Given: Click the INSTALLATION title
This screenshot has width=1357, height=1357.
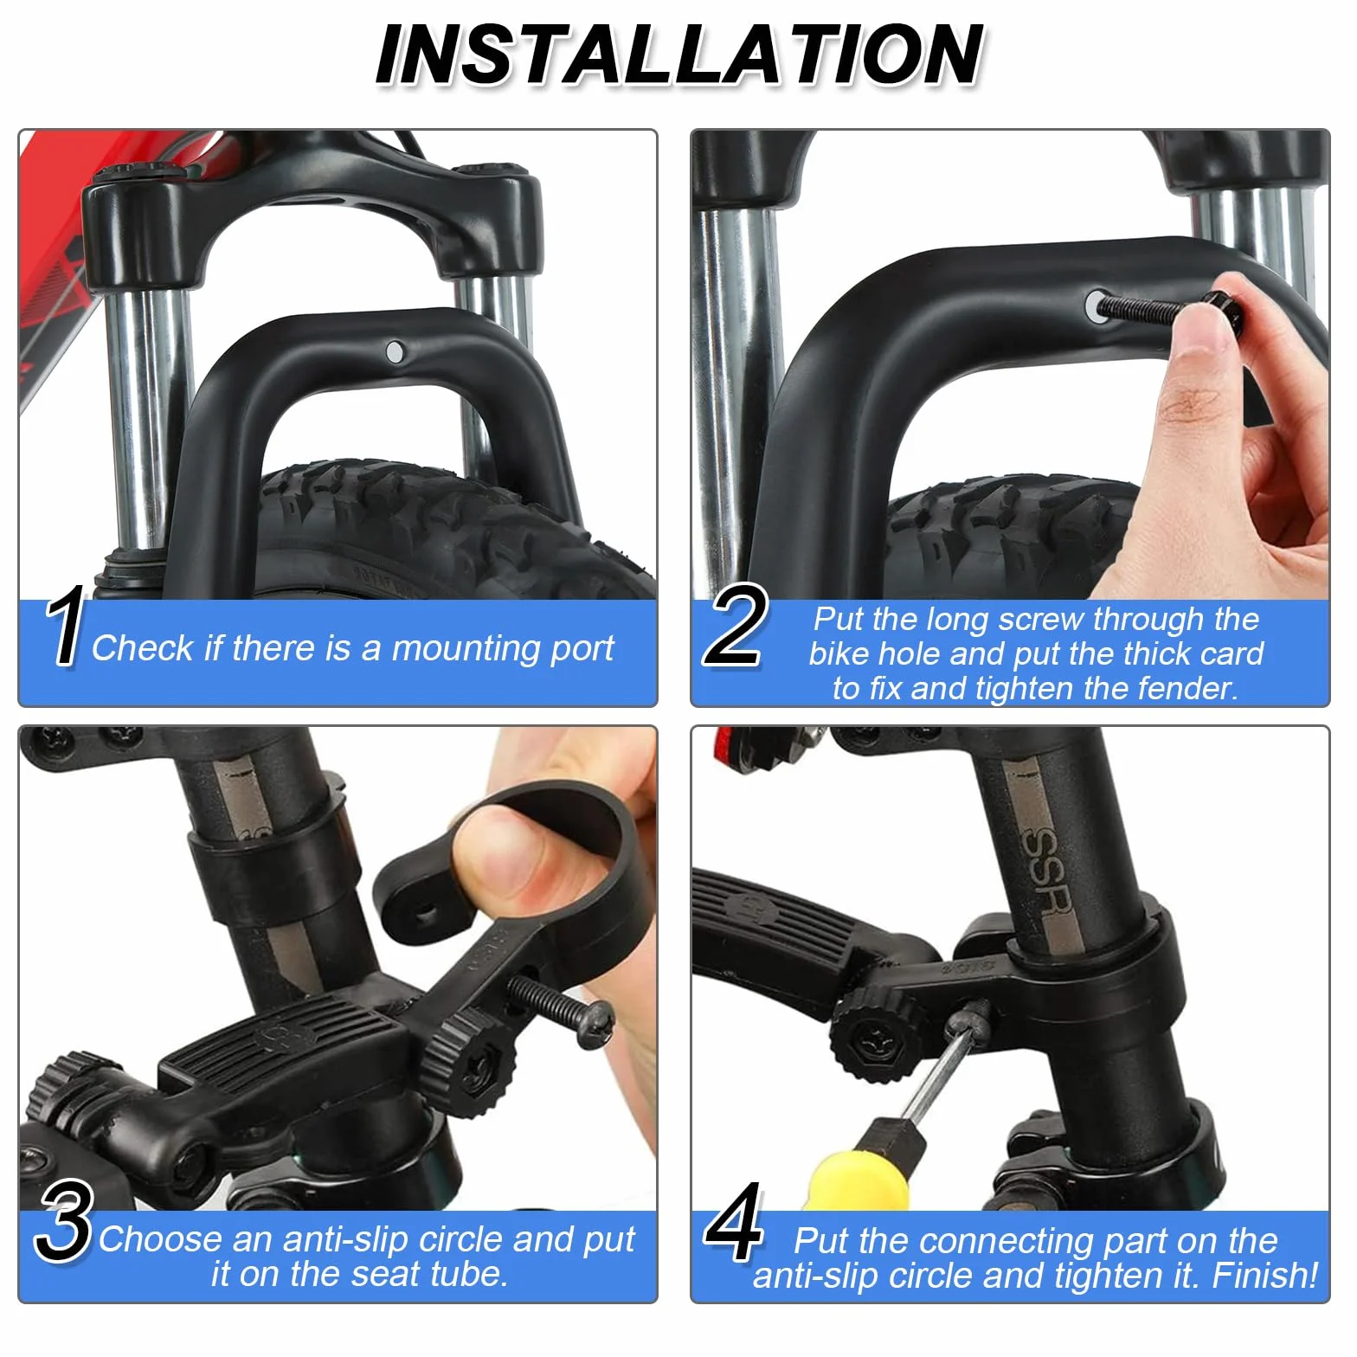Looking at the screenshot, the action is pyautogui.click(x=679, y=55).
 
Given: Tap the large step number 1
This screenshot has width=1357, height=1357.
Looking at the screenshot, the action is pyautogui.click(x=65, y=625).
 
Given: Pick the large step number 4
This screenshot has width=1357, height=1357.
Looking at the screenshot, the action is pyautogui.click(x=734, y=1222).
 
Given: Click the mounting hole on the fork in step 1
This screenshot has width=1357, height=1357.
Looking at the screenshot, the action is pyautogui.click(x=395, y=351).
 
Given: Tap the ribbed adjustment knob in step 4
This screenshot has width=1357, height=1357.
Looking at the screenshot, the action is pyautogui.click(x=872, y=1035).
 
